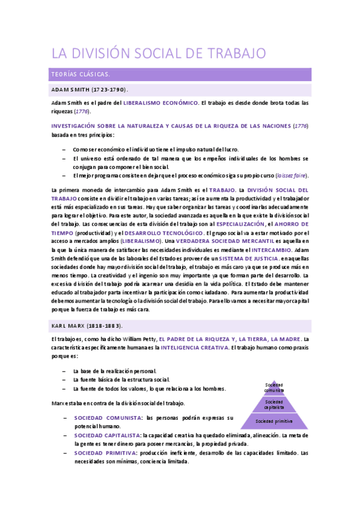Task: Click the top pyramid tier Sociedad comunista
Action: [x=273, y=387]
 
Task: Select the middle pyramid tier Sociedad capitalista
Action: [x=273, y=404]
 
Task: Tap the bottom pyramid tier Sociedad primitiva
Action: [x=273, y=421]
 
